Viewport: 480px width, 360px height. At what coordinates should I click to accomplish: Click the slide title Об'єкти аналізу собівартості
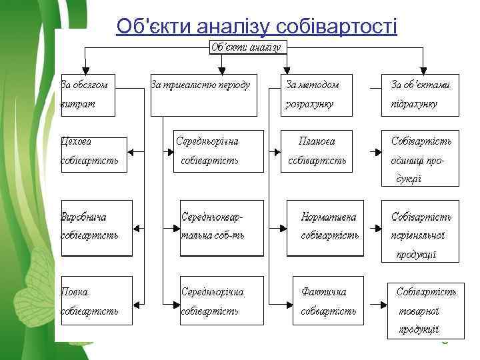tap(257, 26)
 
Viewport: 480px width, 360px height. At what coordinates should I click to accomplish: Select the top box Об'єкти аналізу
tap(246, 47)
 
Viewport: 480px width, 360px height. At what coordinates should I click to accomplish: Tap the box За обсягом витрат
tap(89, 95)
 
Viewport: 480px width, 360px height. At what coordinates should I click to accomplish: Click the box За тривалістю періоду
tap(202, 95)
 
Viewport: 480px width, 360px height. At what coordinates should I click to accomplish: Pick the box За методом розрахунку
tap(316, 95)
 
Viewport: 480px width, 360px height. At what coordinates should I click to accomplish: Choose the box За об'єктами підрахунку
tap(420, 95)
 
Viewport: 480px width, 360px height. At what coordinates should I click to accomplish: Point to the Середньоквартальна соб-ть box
tap(222, 227)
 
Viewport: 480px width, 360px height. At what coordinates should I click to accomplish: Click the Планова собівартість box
tap(317, 151)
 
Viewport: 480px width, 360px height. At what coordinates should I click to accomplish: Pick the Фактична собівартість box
tap(329, 301)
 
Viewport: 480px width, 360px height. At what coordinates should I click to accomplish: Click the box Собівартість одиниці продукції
tap(420, 157)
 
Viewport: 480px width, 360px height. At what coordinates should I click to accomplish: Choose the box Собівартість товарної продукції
tap(423, 311)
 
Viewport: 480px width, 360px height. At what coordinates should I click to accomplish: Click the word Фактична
tap(324, 292)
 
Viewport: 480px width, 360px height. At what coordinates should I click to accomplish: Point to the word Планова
tap(317, 141)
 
